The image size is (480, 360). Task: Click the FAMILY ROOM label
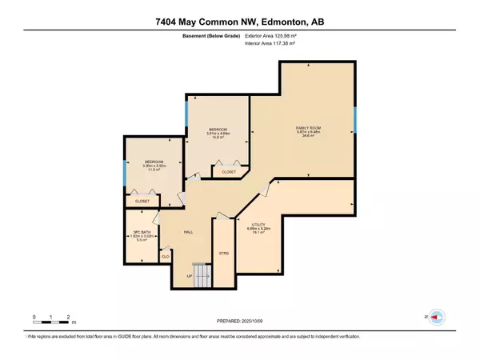[304, 127]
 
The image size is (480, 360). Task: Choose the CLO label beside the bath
[166, 256]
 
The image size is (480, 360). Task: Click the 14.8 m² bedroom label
[218, 133]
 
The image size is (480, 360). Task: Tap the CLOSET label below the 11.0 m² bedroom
[142, 201]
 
